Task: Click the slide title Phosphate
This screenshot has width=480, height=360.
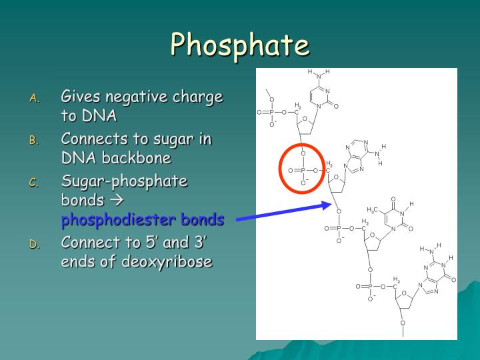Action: [x=239, y=45]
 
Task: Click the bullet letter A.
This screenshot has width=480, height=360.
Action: [x=35, y=99]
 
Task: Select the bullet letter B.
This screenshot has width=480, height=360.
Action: [x=35, y=140]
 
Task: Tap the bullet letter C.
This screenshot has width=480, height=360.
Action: [x=35, y=182]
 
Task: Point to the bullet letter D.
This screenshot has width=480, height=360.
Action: [x=35, y=244]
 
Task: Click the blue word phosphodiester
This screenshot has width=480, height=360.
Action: [x=118, y=220]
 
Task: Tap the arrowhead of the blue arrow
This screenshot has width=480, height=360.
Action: [x=328, y=204]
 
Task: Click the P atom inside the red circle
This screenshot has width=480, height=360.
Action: [x=303, y=171]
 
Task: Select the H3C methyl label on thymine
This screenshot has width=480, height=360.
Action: [x=373, y=209]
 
